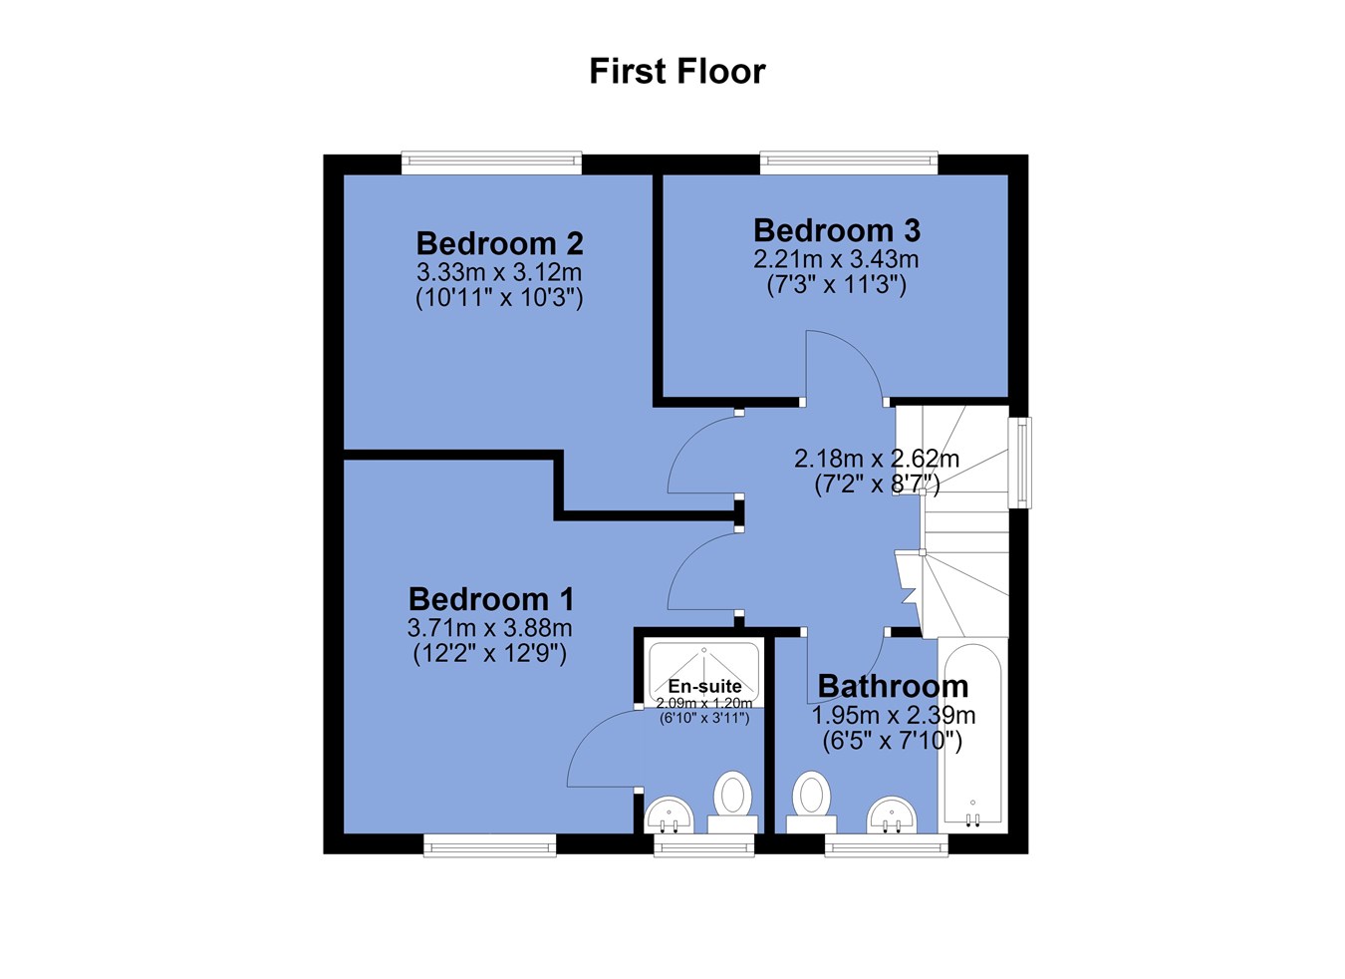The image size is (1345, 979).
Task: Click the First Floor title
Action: coord(677,72)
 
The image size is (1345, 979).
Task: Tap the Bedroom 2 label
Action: coord(499,244)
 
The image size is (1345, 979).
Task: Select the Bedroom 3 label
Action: coord(837,230)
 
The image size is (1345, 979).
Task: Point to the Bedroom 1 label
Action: coord(491,599)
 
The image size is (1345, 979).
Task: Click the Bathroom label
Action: coord(894,686)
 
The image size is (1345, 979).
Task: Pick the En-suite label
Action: coord(704,686)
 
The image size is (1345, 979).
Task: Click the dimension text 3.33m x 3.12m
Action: coord(499,272)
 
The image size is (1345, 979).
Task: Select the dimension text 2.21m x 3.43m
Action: coord(837,259)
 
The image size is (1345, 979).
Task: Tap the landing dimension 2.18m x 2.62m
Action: coord(877,460)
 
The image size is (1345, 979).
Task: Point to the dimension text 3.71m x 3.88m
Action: coord(490,629)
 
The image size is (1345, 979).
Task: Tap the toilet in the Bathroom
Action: coord(811,803)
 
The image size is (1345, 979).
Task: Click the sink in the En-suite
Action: coord(669,815)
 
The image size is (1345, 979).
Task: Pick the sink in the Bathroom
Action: coord(892,815)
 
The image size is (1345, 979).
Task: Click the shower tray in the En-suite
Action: coord(703,673)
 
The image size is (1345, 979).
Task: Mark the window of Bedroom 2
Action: coord(491,163)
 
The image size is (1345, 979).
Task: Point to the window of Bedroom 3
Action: coord(849,163)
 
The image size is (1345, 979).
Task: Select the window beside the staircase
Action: coord(1019,463)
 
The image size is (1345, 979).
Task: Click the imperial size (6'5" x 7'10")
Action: coord(893,741)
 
